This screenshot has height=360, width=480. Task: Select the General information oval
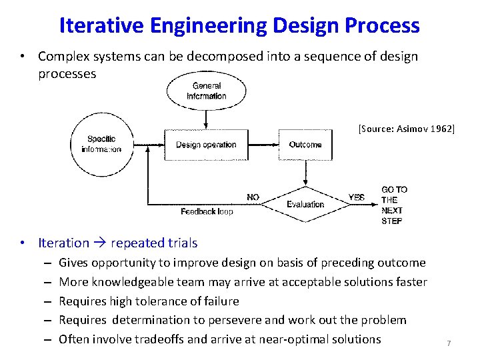207,91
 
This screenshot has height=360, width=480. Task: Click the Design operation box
206,145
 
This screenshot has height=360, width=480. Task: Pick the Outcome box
305,145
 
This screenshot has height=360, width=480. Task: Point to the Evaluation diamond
305,203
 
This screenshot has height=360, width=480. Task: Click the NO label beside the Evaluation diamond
253,197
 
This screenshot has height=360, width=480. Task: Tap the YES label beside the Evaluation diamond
357,197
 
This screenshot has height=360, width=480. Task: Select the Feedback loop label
207,211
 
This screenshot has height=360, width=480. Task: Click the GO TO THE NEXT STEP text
394,205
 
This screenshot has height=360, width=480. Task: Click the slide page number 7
449,343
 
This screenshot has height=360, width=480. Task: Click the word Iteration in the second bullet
63,243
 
